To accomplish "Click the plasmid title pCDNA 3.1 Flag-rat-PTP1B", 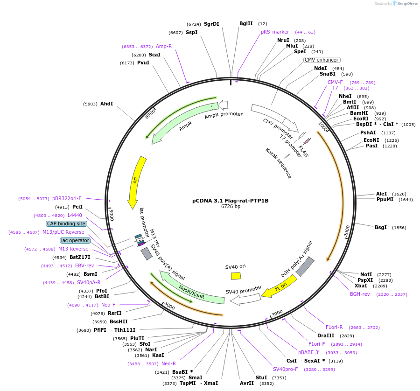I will click(x=230, y=201).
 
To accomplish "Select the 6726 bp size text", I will click(x=231, y=207).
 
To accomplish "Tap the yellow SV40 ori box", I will click(x=236, y=276).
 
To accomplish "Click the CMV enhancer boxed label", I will click(x=322, y=60).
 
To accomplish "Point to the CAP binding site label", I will click(x=66, y=223).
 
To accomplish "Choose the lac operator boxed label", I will click(x=75, y=240).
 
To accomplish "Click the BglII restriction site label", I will click(x=246, y=23).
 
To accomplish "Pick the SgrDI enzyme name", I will click(x=211, y=24).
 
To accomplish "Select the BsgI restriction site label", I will click(x=381, y=227).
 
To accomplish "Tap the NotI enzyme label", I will click(x=366, y=274).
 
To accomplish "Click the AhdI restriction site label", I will click(x=106, y=104).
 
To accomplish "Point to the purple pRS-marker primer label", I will click(x=275, y=32).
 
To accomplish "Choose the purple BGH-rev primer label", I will click(x=360, y=294).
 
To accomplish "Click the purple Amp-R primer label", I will click(x=164, y=46).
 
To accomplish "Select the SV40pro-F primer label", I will click(x=285, y=369).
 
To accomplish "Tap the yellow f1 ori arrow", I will click(x=279, y=286).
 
